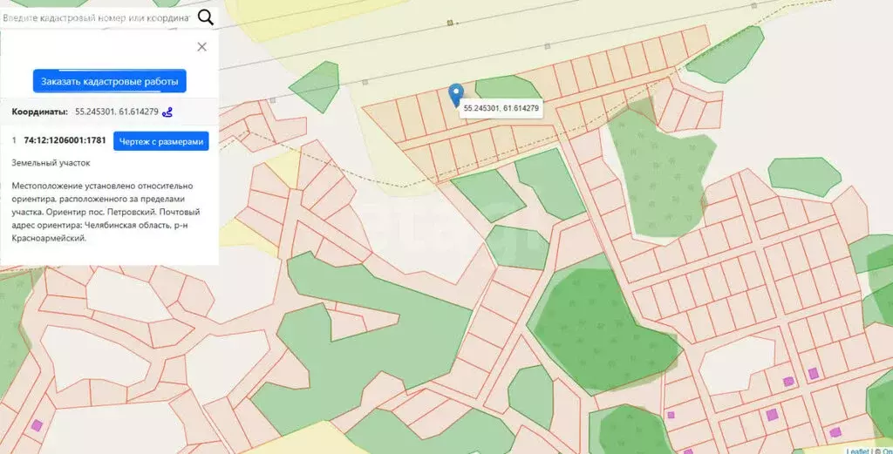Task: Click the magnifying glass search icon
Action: pyautogui.click(x=206, y=17)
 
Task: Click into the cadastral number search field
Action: pyautogui.click(x=96, y=17)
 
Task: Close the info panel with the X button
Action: pyautogui.click(x=202, y=47)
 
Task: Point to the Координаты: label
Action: pyautogui.click(x=39, y=112)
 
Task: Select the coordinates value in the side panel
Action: pyautogui.click(x=117, y=112)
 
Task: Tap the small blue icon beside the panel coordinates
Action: pyautogui.click(x=168, y=112)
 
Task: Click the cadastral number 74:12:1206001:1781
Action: pyautogui.click(x=65, y=140)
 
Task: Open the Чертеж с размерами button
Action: pyautogui.click(x=161, y=141)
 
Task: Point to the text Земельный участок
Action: pyautogui.click(x=51, y=162)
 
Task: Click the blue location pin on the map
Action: pyautogui.click(x=455, y=93)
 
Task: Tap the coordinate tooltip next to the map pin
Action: pyautogui.click(x=501, y=109)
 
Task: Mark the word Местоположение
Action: pyautogui.click(x=47, y=186)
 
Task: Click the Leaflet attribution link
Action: pyautogui.click(x=857, y=450)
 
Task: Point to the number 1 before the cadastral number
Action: pyautogui.click(x=14, y=140)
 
